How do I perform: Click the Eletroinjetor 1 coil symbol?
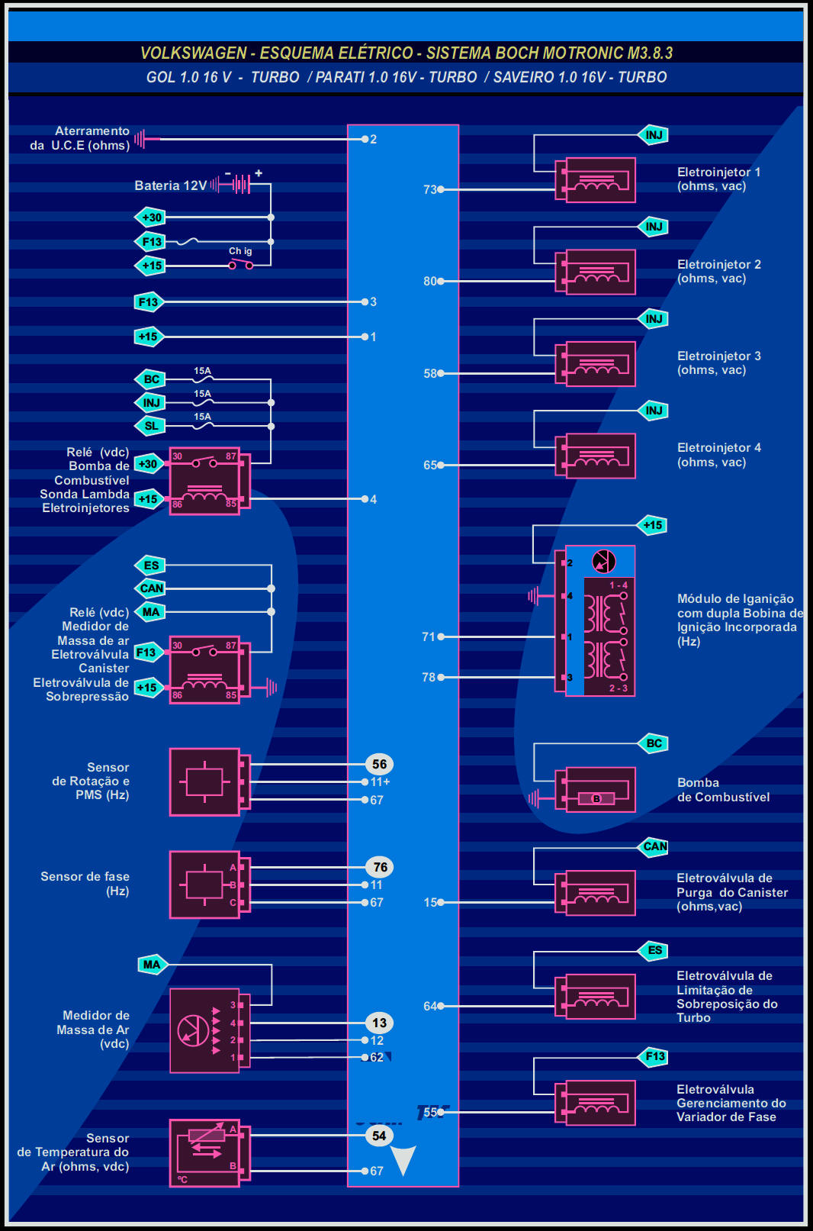(x=599, y=180)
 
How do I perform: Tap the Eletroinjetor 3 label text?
(x=718, y=363)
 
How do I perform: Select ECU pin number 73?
(x=430, y=189)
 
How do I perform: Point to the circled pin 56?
(x=379, y=764)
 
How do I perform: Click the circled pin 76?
(x=380, y=867)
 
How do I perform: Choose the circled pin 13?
(x=379, y=1023)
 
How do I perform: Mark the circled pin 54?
(x=379, y=1136)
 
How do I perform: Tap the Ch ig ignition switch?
(x=240, y=264)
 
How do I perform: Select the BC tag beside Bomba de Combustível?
(x=654, y=743)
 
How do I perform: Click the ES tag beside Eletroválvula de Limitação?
(x=654, y=950)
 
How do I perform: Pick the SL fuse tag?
(x=151, y=426)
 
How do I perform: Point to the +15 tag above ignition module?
(x=653, y=525)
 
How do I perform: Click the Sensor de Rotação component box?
(x=204, y=781)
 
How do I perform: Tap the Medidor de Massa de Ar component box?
(x=204, y=1030)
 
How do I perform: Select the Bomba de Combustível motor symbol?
(x=596, y=798)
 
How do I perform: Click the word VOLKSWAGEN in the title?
(x=193, y=53)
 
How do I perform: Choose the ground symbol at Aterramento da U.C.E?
(x=140, y=139)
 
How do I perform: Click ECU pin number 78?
(x=429, y=677)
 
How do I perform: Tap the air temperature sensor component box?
(x=204, y=1152)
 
